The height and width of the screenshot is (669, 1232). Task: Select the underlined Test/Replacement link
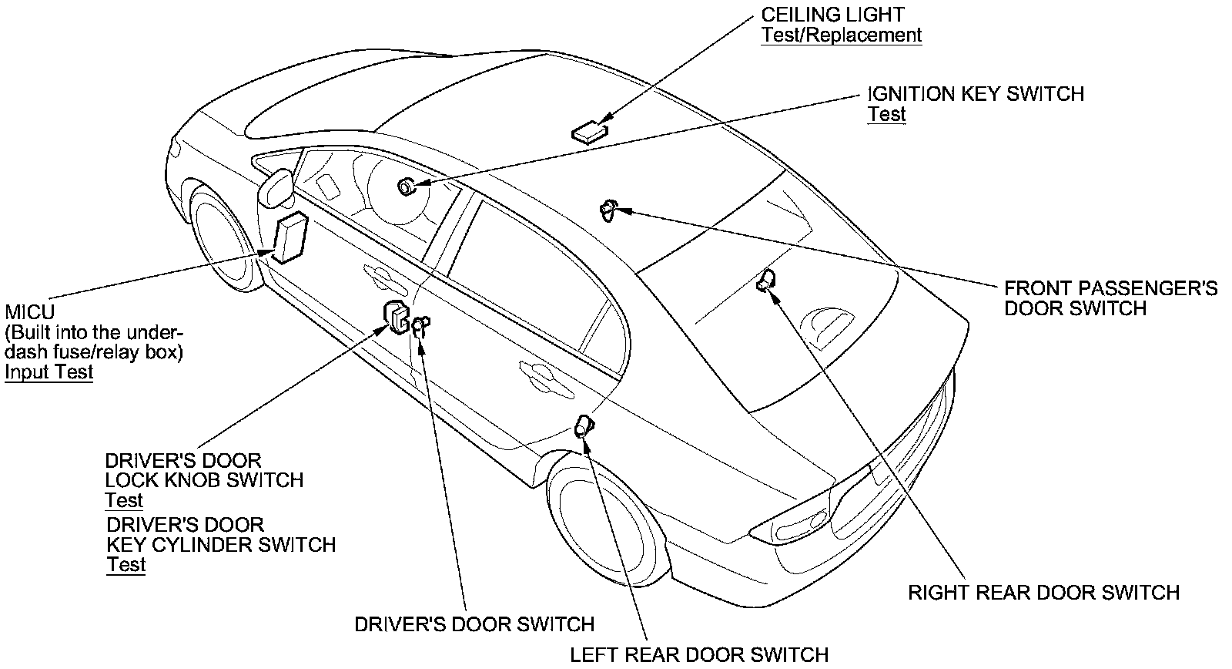841,35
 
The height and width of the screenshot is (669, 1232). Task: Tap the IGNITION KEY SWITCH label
976,94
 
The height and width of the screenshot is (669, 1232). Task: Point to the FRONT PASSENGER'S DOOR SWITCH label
1110,298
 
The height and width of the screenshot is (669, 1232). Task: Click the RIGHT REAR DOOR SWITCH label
1043,593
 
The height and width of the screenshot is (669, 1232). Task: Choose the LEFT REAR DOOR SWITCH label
698,655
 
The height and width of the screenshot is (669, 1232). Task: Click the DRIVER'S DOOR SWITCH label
474,624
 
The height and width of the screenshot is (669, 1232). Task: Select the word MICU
29,313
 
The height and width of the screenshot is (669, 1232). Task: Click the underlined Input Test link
49,372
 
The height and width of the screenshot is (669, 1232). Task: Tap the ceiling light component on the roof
589,132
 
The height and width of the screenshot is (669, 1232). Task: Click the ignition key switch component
406,186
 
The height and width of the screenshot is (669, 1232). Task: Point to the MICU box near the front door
290,238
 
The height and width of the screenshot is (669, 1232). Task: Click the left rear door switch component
584,425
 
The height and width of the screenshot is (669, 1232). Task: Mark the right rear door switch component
767,281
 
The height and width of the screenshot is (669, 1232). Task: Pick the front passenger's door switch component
608,210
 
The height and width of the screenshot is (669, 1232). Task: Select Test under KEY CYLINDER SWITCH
126,565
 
